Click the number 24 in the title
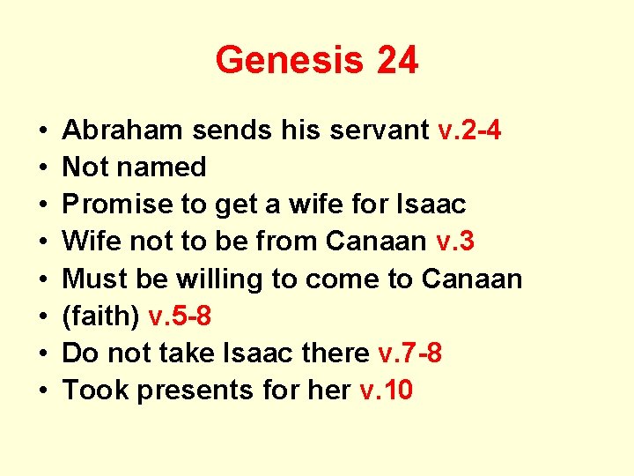click(x=395, y=61)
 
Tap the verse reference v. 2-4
click(x=470, y=130)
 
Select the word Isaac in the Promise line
click(x=433, y=205)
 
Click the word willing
click(x=221, y=279)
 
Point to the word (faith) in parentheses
click(x=100, y=316)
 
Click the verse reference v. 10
click(x=386, y=390)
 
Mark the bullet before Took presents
click(x=43, y=390)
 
